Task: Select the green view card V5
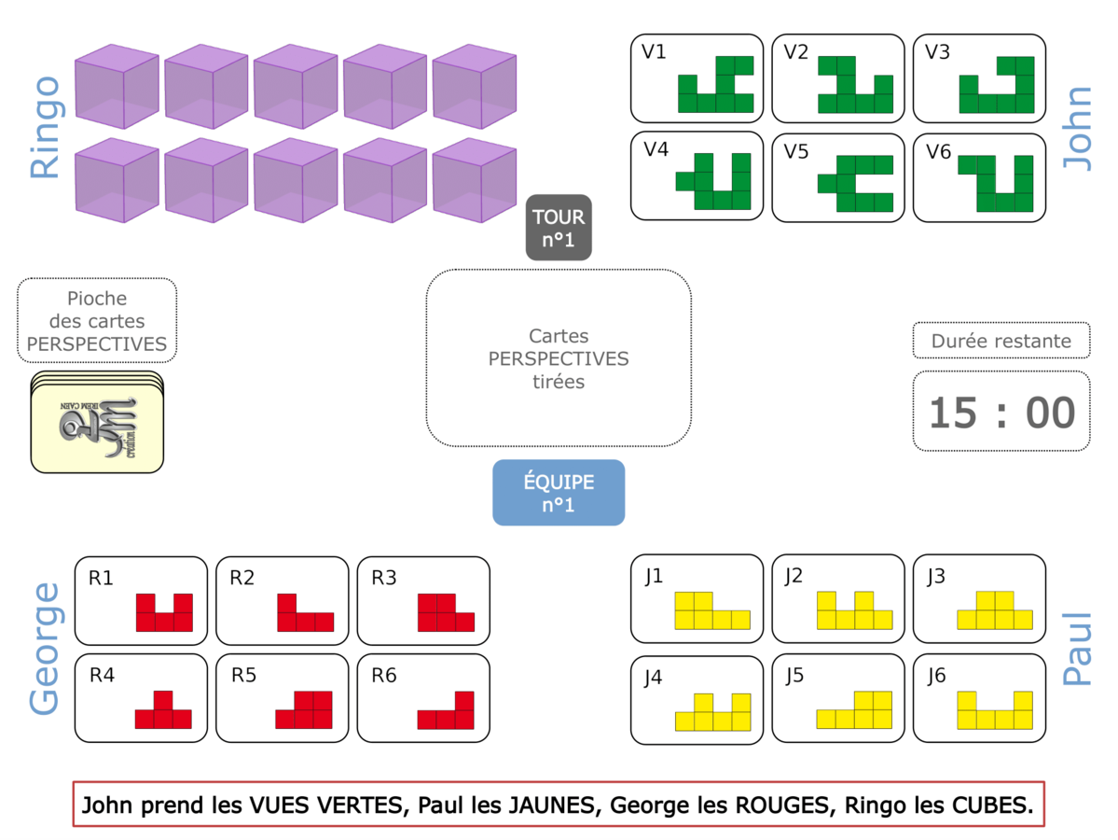click(837, 177)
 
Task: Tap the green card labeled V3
click(978, 78)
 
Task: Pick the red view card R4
click(141, 698)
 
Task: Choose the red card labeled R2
click(282, 600)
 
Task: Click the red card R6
click(423, 698)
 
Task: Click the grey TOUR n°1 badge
click(559, 228)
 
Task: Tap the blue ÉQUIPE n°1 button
click(559, 492)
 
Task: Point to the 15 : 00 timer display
click(1001, 412)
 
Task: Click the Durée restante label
click(1001, 341)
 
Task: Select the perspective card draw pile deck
click(97, 422)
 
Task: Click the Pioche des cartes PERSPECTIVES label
click(97, 321)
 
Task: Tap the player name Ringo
click(45, 128)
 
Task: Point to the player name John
click(1078, 128)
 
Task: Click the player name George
click(45, 649)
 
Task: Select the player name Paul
click(1078, 649)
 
